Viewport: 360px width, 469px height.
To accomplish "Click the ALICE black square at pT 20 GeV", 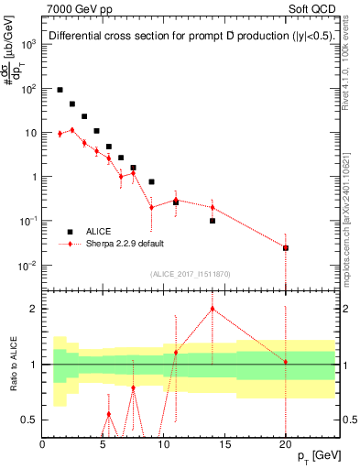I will click(286, 247).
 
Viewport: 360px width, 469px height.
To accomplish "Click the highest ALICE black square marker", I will click(60, 90).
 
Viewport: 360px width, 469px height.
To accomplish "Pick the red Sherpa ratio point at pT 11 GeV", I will click(176, 352).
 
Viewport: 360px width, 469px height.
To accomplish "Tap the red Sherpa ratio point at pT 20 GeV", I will click(286, 362).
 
